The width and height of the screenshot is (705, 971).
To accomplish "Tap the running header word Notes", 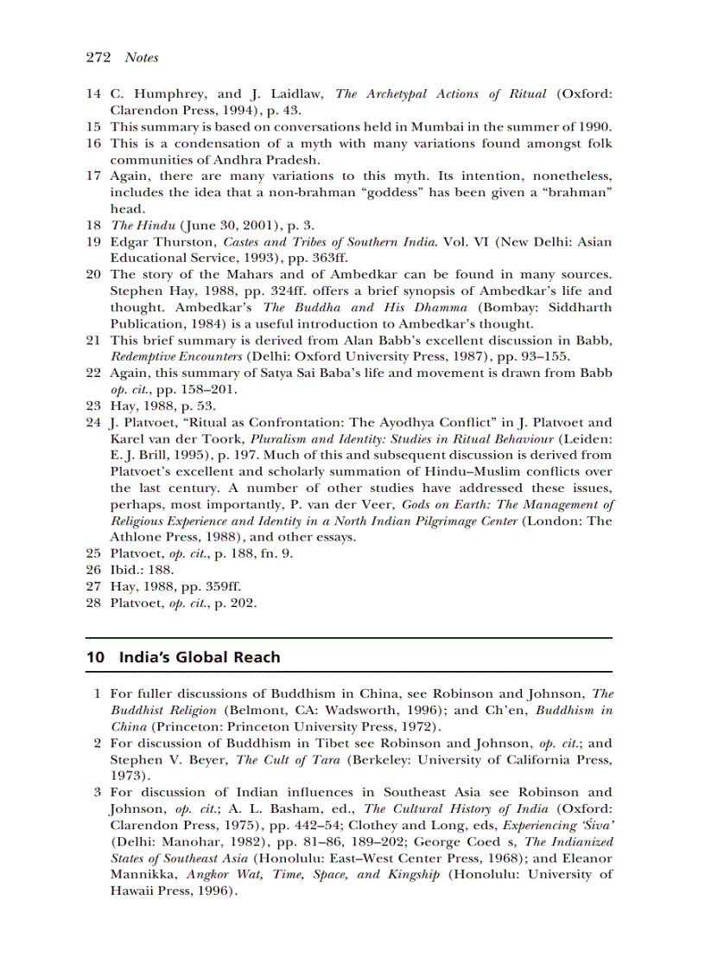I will [x=142, y=58].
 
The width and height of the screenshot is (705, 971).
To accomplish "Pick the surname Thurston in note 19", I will [x=186, y=241].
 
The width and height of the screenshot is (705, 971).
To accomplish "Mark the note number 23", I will [x=94, y=406].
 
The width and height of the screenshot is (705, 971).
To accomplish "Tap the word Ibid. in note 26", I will [x=126, y=570].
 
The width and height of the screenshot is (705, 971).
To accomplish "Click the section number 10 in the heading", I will [x=96, y=657].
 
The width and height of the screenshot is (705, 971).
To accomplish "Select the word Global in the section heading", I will [x=203, y=657].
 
